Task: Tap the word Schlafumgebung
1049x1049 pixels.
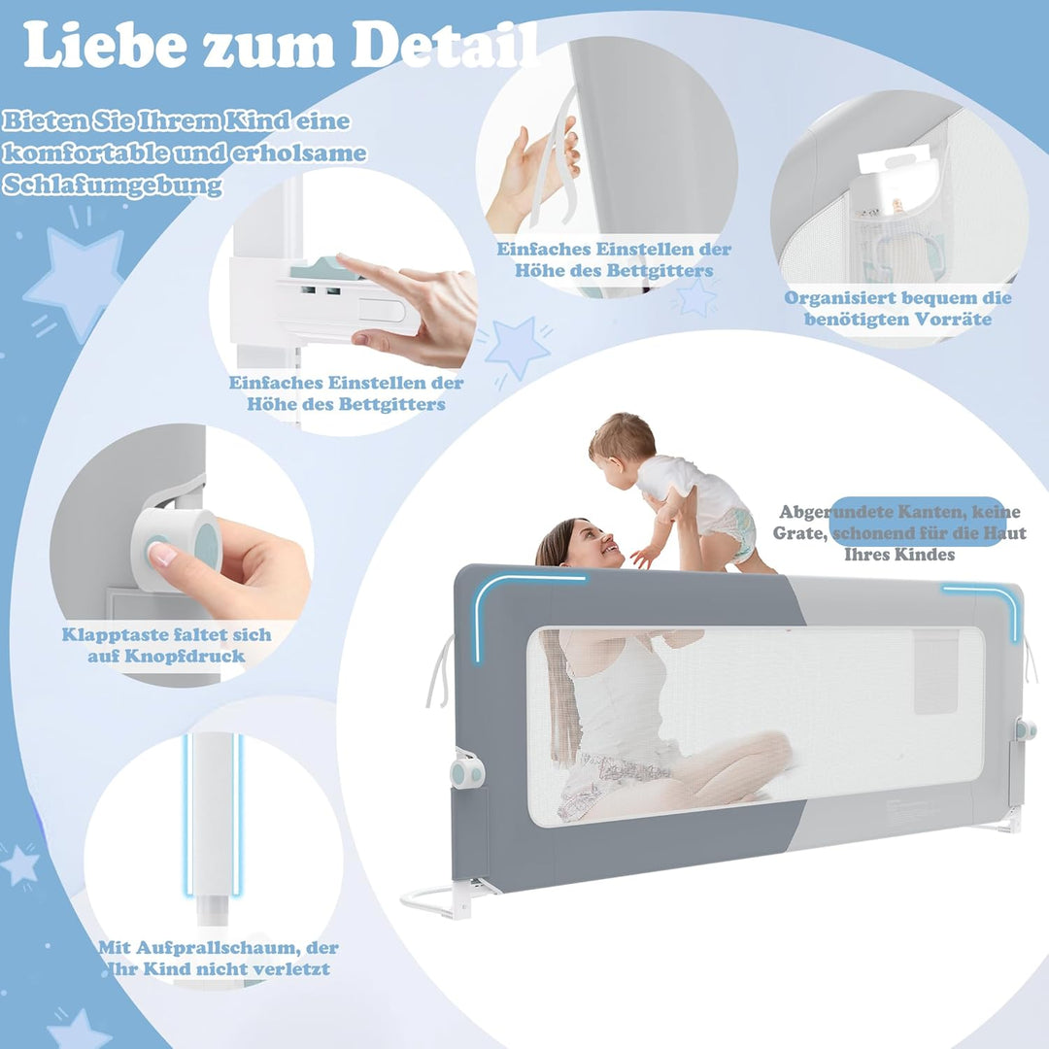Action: (112, 186)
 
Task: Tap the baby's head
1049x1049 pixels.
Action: (622, 440)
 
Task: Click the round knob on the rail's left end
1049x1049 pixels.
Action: (466, 773)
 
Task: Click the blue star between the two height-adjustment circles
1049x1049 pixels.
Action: (517, 346)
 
